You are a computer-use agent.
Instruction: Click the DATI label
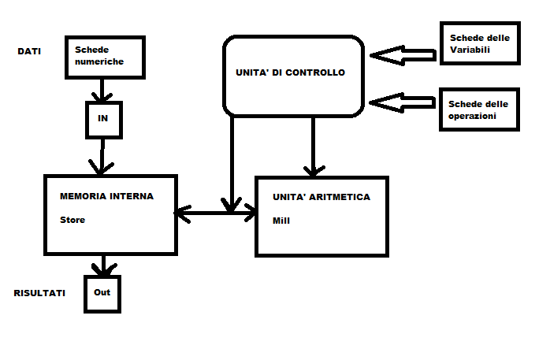(x=29, y=51)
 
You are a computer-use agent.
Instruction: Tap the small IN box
(x=102, y=118)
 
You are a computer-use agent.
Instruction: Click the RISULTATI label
(x=39, y=293)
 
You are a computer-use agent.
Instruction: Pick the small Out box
(x=102, y=293)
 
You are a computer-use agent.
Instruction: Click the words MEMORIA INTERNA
(x=106, y=196)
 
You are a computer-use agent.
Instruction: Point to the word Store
(x=72, y=220)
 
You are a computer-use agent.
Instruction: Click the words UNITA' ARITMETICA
(x=321, y=197)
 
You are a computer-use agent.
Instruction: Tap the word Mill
(x=281, y=221)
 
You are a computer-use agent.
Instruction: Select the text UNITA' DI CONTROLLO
(x=290, y=72)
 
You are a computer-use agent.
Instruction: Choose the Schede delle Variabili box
(x=479, y=43)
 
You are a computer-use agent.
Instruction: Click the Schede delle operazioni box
(x=479, y=109)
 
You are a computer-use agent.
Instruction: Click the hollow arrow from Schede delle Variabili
(x=403, y=54)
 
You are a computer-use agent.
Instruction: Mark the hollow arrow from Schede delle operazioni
(x=403, y=102)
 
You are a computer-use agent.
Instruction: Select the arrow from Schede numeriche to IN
(x=100, y=91)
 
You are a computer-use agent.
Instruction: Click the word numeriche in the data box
(x=99, y=61)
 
